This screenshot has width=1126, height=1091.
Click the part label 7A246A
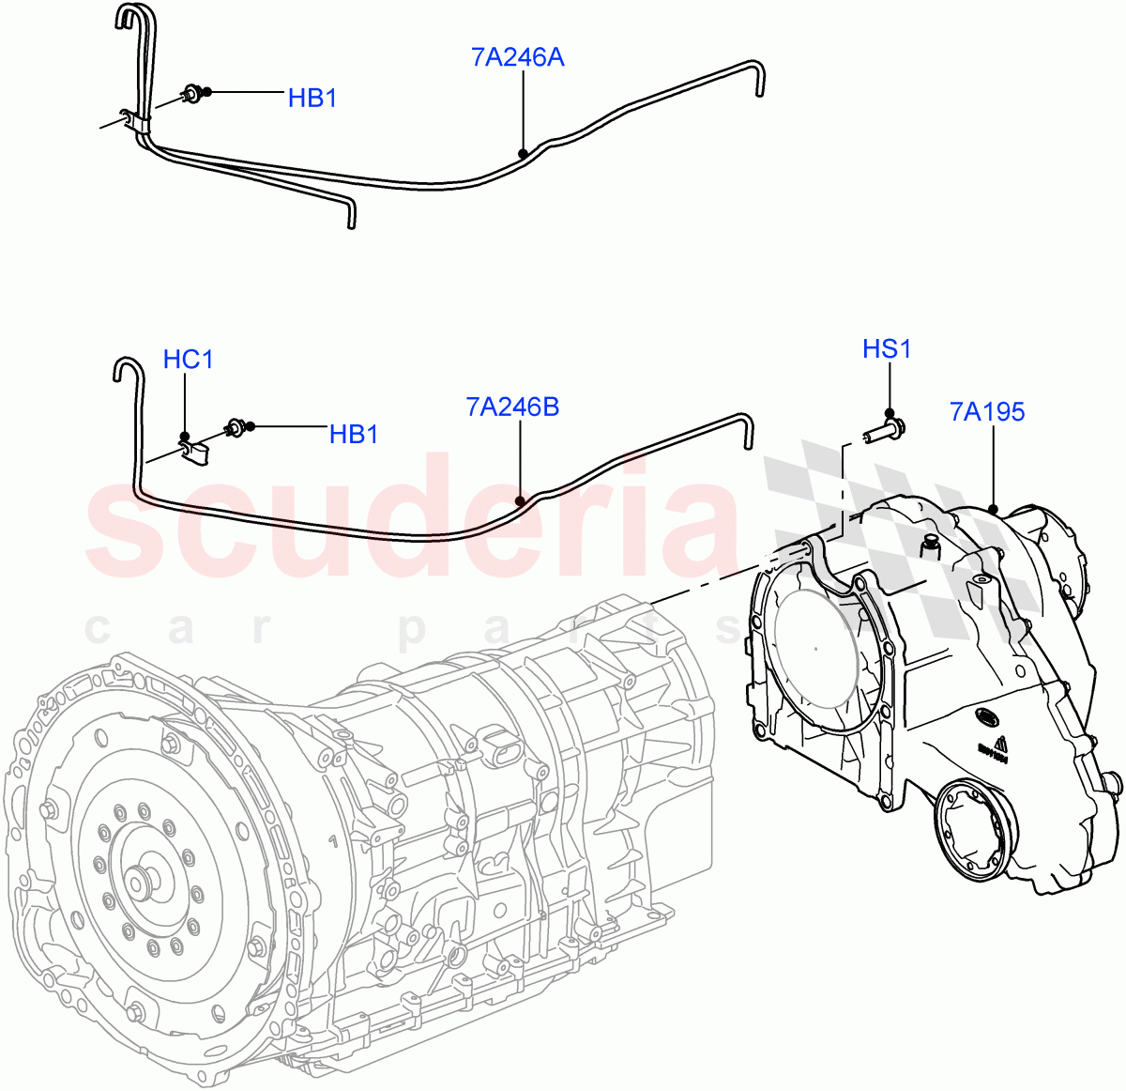(517, 58)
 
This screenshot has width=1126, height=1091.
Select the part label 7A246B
(512, 407)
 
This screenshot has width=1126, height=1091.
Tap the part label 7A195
(987, 411)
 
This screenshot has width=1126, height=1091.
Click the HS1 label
(887, 349)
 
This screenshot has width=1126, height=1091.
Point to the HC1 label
(188, 360)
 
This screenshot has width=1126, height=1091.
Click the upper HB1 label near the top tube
(312, 98)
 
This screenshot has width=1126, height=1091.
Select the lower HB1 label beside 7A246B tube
(354, 435)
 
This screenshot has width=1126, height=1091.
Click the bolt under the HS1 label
(883, 432)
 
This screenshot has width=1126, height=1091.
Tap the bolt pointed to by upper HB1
(194, 93)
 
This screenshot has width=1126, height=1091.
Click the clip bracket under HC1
(195, 452)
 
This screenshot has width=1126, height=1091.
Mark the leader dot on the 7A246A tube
(523, 153)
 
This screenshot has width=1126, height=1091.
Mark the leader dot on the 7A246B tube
(520, 500)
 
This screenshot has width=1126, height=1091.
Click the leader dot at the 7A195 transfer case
(993, 509)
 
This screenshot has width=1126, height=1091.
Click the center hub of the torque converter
(143, 883)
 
